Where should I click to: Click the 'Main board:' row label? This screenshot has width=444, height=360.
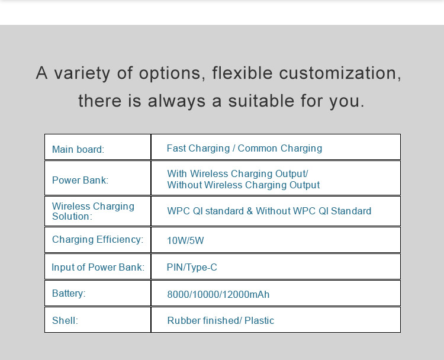[x=78, y=149]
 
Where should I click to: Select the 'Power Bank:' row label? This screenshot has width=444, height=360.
[x=80, y=180]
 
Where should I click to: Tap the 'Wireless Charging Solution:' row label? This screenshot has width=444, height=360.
[x=93, y=211]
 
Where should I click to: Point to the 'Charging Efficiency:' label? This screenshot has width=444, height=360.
[x=98, y=240]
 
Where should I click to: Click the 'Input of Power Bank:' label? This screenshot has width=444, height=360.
[x=98, y=267]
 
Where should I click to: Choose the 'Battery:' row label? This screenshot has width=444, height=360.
[x=69, y=294]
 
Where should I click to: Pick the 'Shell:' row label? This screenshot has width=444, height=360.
[x=65, y=321]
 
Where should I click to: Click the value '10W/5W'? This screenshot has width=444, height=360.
[x=185, y=240]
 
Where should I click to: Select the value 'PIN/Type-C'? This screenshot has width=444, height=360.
[x=192, y=268]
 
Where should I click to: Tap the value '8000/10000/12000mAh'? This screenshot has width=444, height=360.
[x=218, y=294]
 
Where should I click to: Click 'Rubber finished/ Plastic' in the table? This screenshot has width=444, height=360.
[x=221, y=321]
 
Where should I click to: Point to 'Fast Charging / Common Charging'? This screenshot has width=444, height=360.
[x=244, y=149]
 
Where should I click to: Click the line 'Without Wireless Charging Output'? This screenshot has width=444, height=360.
[x=243, y=185]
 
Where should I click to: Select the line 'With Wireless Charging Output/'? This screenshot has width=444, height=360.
[x=237, y=173]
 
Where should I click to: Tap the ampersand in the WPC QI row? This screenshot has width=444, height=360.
[x=250, y=211]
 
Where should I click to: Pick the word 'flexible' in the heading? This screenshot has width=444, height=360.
[x=243, y=73]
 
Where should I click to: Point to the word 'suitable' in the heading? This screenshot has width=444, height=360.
[x=261, y=101]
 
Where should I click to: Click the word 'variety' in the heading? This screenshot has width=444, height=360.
[x=82, y=73]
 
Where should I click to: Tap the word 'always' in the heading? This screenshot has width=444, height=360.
[x=176, y=101]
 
